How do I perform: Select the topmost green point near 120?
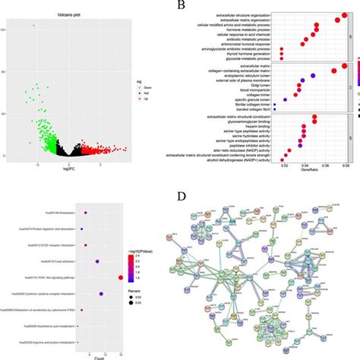click(33, 26)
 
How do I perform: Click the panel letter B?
click(181, 5)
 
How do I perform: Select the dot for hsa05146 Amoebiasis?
click(86, 213)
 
